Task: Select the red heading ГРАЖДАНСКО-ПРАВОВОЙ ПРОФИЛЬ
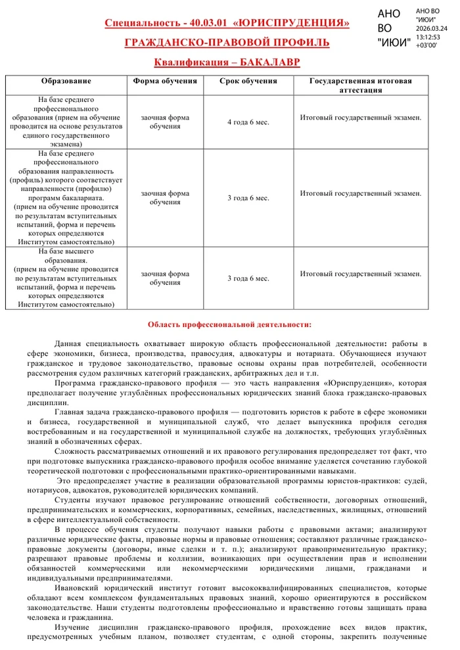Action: [x=227, y=43]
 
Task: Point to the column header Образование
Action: [x=66, y=81]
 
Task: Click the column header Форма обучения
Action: [x=165, y=81]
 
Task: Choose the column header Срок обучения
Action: [x=248, y=81]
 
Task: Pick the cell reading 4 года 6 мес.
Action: [x=248, y=122]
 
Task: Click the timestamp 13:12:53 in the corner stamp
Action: [x=428, y=37]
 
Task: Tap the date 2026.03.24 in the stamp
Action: [x=432, y=28]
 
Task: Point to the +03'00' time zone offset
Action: [x=426, y=45]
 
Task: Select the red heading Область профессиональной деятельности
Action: [x=229, y=324]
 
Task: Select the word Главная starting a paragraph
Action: [x=70, y=412]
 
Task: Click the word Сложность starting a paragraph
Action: [x=75, y=452]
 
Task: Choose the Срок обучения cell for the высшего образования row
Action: [x=248, y=278]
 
